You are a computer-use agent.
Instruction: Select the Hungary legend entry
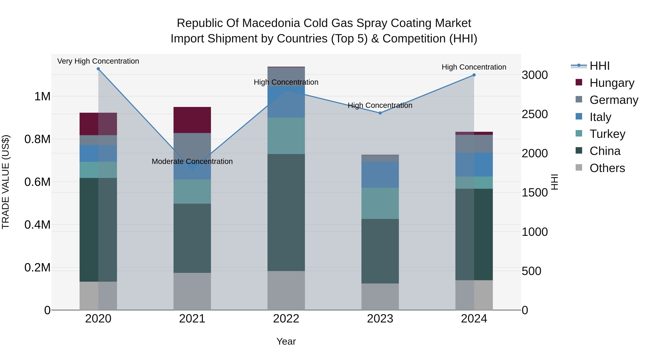[611, 83]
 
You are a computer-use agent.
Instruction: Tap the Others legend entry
[607, 168]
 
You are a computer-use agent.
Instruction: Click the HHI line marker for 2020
[98, 69]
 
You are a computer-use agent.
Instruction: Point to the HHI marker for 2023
[380, 113]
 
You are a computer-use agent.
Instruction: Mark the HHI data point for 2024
[474, 75]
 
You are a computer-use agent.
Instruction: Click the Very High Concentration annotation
[98, 61]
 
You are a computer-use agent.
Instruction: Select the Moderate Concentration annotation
[192, 161]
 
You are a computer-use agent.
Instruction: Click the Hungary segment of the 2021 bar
[192, 120]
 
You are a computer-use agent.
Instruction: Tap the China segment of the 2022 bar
[286, 212]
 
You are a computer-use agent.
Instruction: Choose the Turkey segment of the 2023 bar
[380, 203]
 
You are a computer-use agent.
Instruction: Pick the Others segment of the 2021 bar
[192, 291]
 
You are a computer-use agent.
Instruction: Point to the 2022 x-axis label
[286, 319]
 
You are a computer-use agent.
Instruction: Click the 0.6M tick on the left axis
[37, 182]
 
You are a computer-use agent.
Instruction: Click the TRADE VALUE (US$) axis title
[6, 182]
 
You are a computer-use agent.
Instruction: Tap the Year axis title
[286, 341]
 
